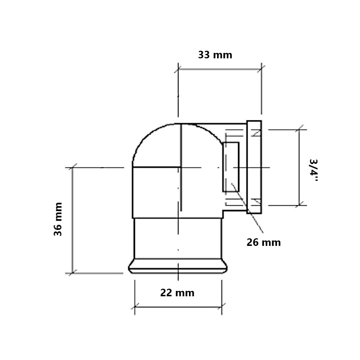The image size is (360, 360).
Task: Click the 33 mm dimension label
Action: coord(215,55)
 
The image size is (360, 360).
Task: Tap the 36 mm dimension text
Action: coord(58,219)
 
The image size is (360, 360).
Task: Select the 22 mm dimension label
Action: coord(177,293)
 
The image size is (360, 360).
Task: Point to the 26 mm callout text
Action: coord(264,242)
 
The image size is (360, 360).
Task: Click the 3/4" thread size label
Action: coord(313,170)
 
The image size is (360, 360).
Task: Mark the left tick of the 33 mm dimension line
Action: coord(178,69)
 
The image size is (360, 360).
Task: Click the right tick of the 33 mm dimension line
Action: coord(261,69)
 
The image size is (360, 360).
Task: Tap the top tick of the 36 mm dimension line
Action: coord(73,168)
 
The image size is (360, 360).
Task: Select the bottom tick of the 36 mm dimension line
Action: coord(73,273)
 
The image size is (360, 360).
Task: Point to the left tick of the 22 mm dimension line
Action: coord(135,307)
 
